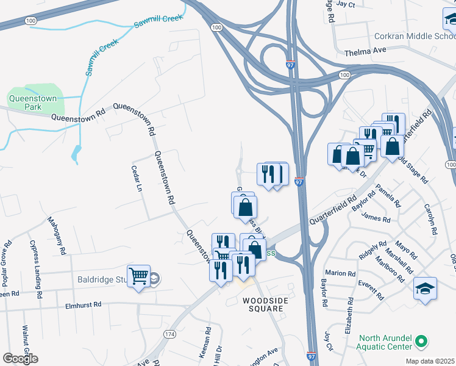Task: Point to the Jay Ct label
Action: pyautogui.click(x=345, y=4)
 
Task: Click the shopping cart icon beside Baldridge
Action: pyautogui.click(x=139, y=276)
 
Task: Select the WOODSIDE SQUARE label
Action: pyautogui.click(x=263, y=304)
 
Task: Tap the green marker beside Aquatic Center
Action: pyautogui.click(x=419, y=342)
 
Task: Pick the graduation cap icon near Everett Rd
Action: pyautogui.click(x=425, y=289)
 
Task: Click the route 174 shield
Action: pyautogui.click(x=170, y=334)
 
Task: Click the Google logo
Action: pyautogui.click(x=20, y=358)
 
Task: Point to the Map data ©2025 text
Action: pyautogui.click(x=430, y=361)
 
